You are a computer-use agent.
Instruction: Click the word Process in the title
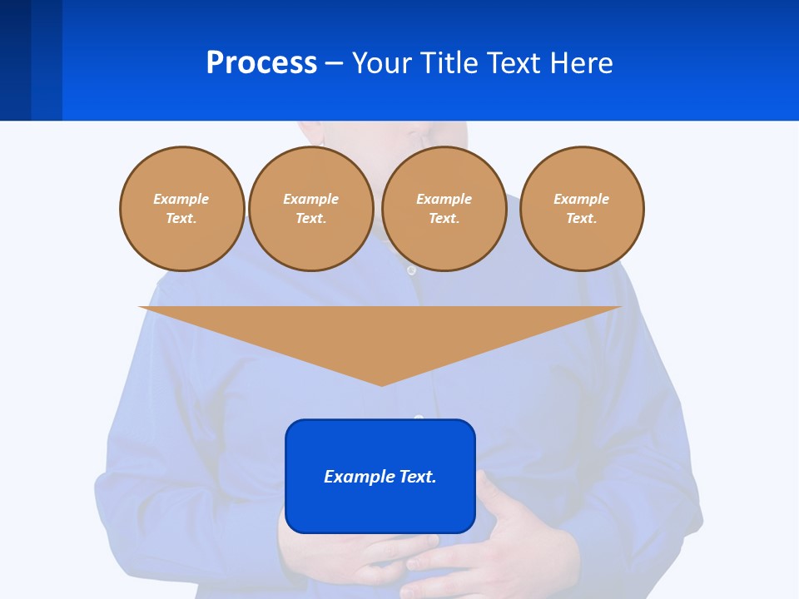point(261,63)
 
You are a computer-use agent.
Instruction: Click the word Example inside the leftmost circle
point(181,199)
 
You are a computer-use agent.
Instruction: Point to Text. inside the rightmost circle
point(581,218)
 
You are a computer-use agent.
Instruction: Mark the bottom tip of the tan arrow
point(381,384)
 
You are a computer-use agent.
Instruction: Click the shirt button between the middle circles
point(411,270)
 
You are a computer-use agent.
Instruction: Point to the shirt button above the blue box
point(419,417)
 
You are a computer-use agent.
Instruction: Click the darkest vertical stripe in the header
point(15,60)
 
